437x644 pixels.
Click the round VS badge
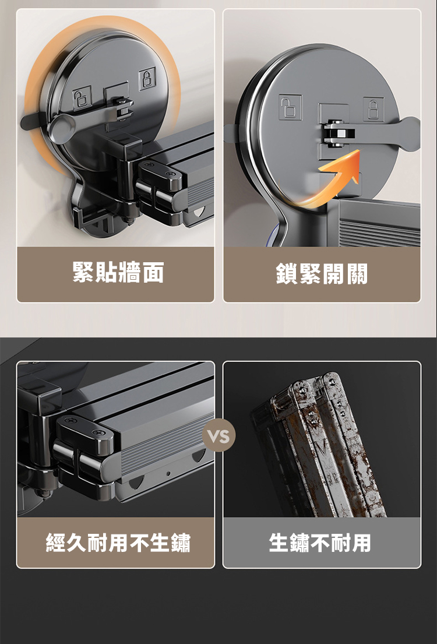pyautogui.click(x=219, y=435)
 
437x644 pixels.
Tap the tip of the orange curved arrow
pyautogui.click(x=359, y=150)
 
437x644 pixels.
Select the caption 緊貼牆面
pyautogui.click(x=118, y=272)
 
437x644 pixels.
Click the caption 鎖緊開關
pyautogui.click(x=322, y=273)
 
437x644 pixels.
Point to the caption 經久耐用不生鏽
pyautogui.click(x=118, y=542)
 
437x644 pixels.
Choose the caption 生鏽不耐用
pyautogui.click(x=319, y=542)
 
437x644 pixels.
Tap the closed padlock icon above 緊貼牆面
pyautogui.click(x=147, y=78)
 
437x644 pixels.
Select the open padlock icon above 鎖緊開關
pyautogui.click(x=290, y=107)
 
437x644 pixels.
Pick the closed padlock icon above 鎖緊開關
pyautogui.click(x=373, y=109)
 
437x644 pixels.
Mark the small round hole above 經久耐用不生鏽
pyautogui.click(x=168, y=474)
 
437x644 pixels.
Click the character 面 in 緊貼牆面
pyautogui.click(x=153, y=272)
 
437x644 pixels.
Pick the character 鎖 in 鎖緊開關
pyautogui.click(x=287, y=274)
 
